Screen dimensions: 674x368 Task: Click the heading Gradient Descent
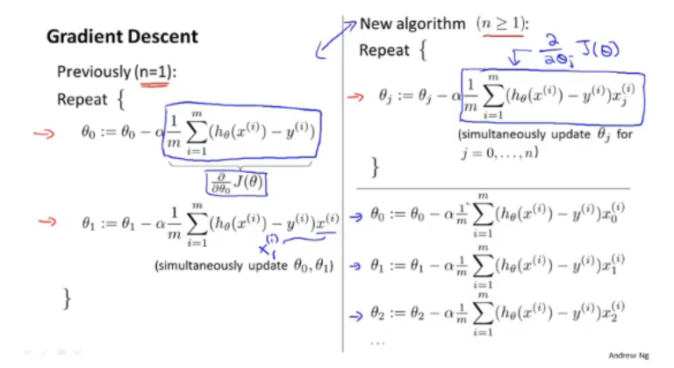coord(122,37)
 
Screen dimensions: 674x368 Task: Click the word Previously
coord(94,72)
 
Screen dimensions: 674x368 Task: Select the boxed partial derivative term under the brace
coord(236,184)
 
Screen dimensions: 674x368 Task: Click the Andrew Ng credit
coord(628,355)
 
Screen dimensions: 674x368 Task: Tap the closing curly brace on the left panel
coord(67,299)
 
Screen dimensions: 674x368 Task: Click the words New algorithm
coord(412,24)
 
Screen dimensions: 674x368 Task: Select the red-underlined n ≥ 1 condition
coord(501,23)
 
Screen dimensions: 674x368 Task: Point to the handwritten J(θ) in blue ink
coord(598,49)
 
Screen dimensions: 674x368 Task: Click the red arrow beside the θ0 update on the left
coord(44,133)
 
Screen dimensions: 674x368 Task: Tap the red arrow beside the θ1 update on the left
coord(47,221)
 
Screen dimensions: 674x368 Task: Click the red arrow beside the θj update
coord(355,97)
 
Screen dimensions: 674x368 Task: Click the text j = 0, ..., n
coord(499,153)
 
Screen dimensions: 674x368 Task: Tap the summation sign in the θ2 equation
coord(483,314)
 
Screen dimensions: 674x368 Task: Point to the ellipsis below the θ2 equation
coord(377,343)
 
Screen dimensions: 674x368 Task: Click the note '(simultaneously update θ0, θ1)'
coord(244,265)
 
